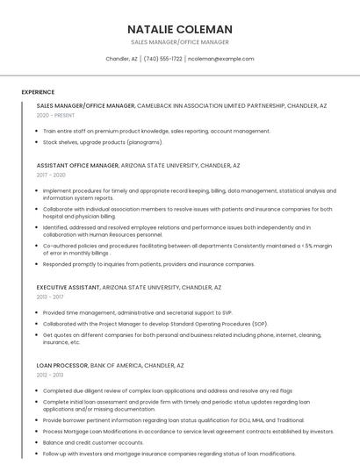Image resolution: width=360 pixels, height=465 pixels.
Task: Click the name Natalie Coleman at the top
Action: [x=179, y=29]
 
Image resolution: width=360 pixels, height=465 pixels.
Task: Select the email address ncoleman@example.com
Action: [x=221, y=59]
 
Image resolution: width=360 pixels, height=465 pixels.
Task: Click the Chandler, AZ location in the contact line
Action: [x=121, y=59]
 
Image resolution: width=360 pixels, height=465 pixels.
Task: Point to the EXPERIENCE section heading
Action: [x=38, y=92]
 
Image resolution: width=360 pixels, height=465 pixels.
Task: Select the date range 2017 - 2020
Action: [x=51, y=175]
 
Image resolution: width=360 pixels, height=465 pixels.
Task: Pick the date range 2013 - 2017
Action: [x=50, y=297]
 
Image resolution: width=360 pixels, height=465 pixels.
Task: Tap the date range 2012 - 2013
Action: [x=50, y=375]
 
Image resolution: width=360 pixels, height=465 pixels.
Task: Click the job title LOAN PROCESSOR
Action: [x=61, y=365]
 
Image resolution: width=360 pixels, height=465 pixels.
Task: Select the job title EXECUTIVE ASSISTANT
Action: [x=68, y=287]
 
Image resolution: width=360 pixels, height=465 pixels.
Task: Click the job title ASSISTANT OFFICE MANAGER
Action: [x=77, y=165]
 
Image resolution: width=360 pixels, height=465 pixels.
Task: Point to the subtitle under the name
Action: [x=179, y=42]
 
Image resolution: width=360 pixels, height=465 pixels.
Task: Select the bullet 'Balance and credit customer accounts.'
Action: [x=93, y=442]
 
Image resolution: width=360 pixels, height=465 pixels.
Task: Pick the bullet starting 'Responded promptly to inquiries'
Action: [x=148, y=263]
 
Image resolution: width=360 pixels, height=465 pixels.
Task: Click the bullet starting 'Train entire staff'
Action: [x=156, y=131]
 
